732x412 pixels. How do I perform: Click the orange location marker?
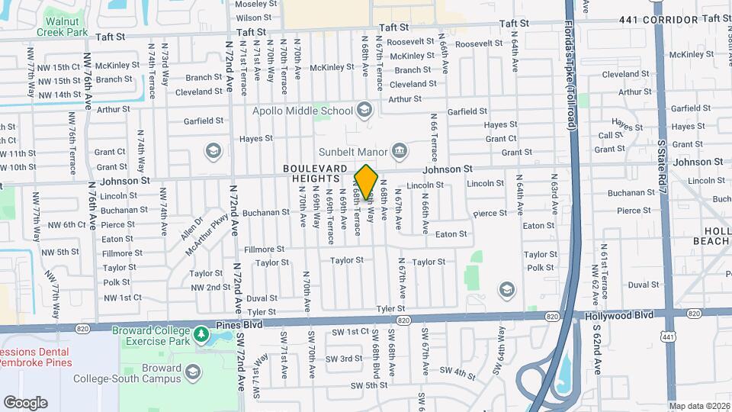pyautogui.click(x=367, y=182)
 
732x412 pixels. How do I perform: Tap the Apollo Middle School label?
pyautogui.click(x=303, y=111)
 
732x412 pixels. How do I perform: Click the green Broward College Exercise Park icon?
pyautogui.click(x=201, y=334)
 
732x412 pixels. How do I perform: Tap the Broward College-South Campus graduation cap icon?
pyautogui.click(x=193, y=372)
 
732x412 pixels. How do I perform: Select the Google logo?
pyautogui.click(x=25, y=402)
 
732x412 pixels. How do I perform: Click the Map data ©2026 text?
pyautogui.click(x=698, y=406)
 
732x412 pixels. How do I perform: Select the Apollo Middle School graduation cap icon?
pyautogui.click(x=364, y=111)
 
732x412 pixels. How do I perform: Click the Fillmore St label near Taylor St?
pyautogui.click(x=264, y=249)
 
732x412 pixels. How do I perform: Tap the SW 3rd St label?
pyautogui.click(x=351, y=359)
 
